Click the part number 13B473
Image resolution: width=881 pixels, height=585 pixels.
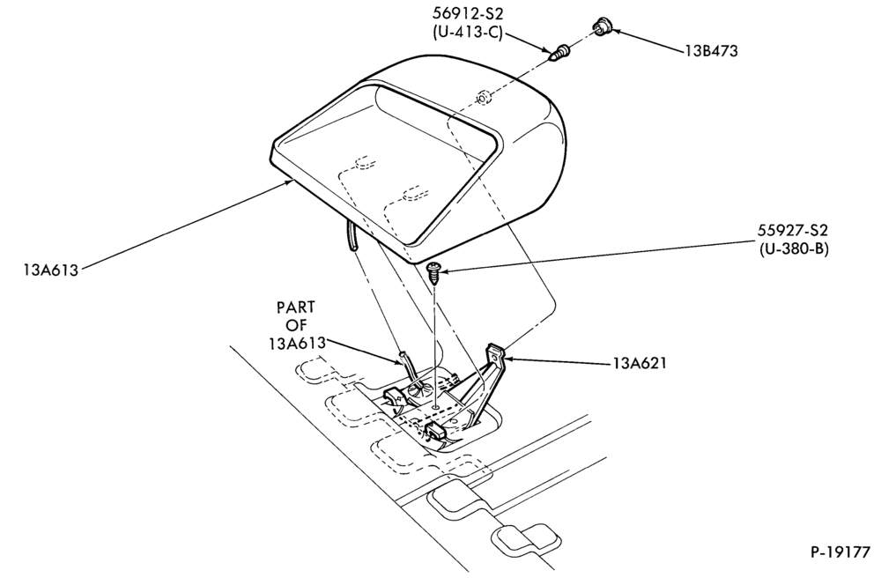(711, 51)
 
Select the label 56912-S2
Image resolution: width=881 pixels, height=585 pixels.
(468, 13)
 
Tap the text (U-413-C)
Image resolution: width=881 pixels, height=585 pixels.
(468, 32)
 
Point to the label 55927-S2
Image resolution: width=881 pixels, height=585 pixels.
(792, 230)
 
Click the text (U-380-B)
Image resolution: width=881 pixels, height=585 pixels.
(792, 248)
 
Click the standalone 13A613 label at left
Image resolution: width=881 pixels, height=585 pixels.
(50, 270)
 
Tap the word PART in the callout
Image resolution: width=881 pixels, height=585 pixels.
(295, 307)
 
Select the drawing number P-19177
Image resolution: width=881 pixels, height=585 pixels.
(840, 552)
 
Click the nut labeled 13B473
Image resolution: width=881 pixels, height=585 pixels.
(603, 26)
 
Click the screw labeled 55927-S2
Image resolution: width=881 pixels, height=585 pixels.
(434, 272)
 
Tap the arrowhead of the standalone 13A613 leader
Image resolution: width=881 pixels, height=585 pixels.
(290, 181)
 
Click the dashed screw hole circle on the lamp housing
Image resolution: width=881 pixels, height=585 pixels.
(482, 98)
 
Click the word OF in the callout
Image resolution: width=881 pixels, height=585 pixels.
(297, 325)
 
